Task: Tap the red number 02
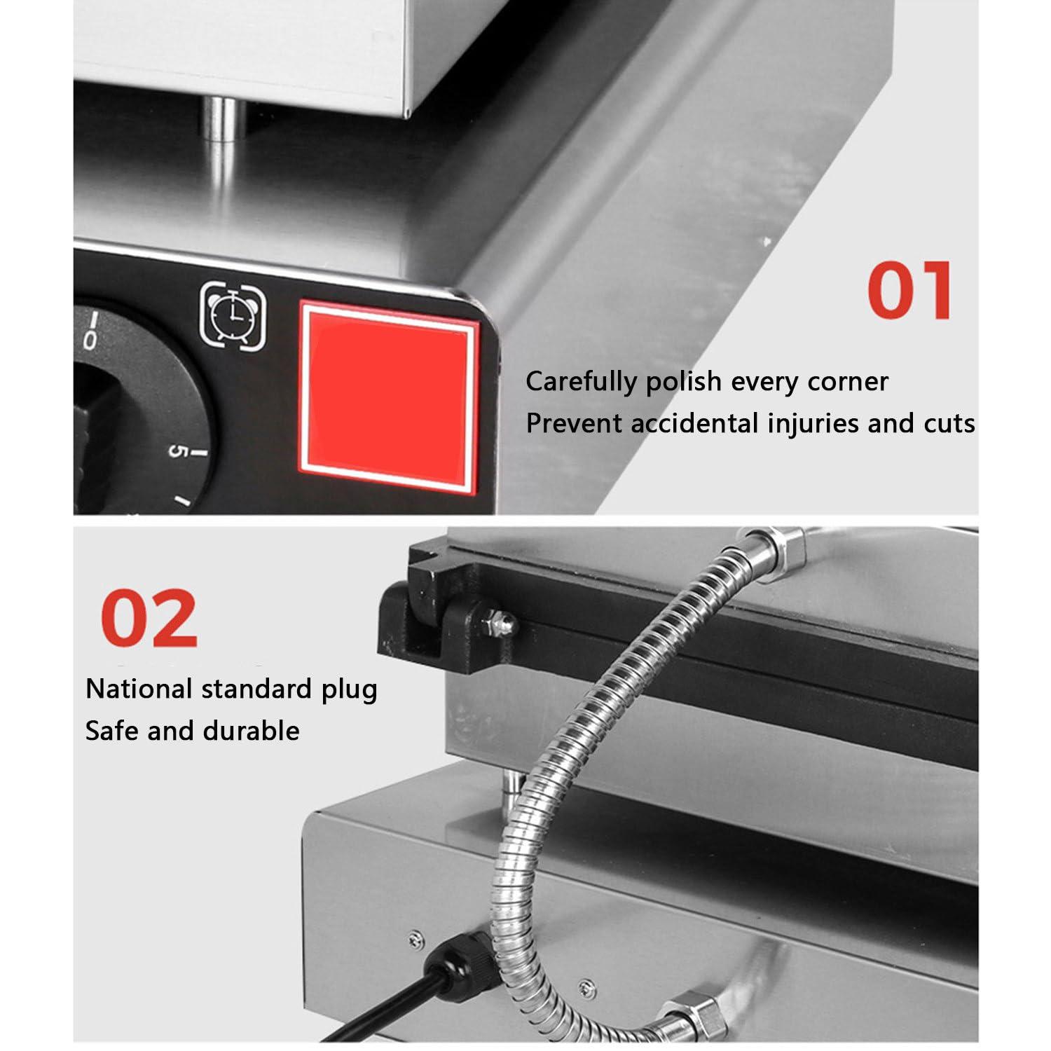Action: point(149,617)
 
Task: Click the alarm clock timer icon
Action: point(233,316)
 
